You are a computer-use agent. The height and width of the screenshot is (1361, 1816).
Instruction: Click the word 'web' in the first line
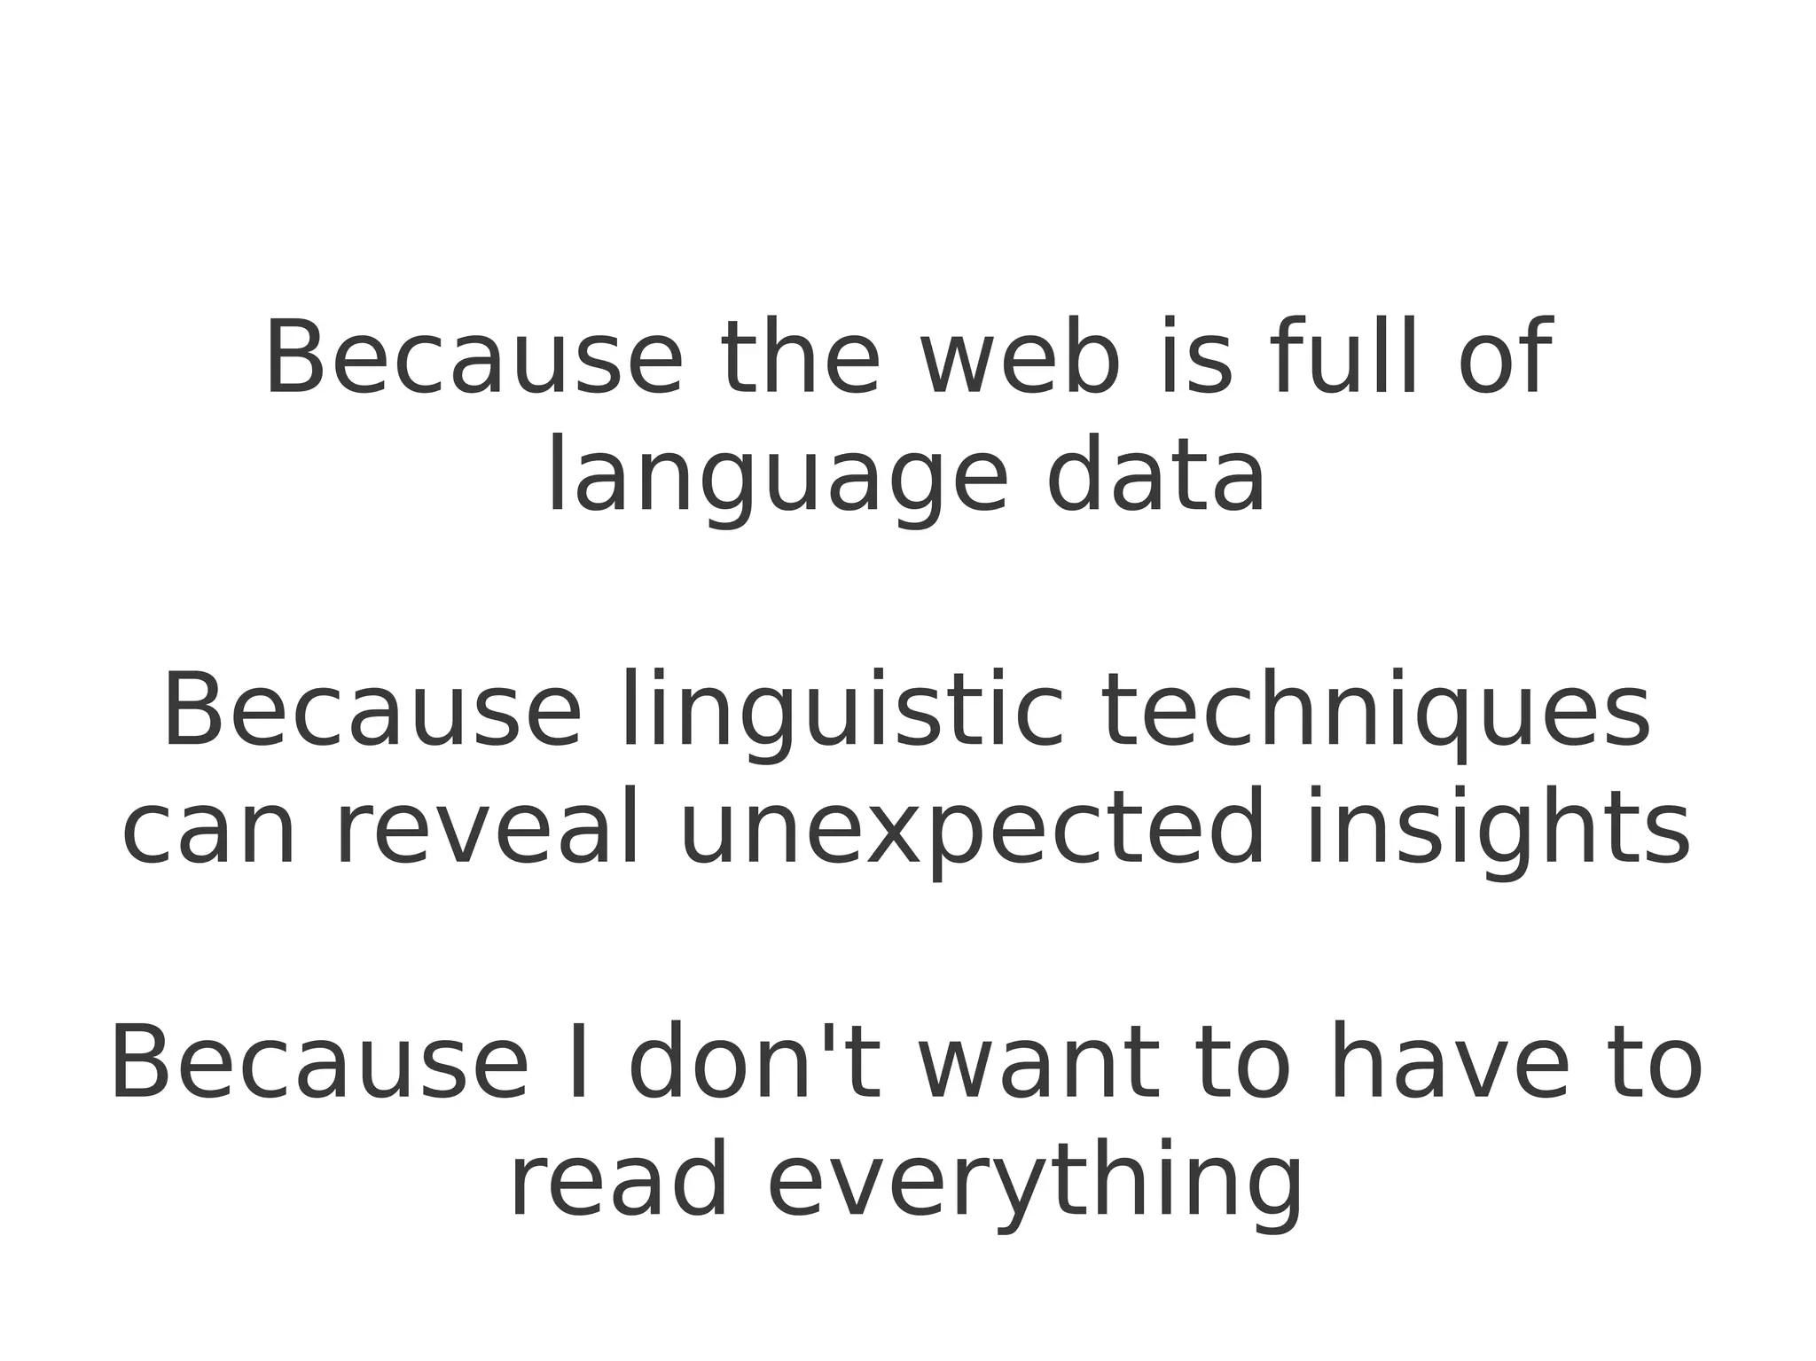point(1021,357)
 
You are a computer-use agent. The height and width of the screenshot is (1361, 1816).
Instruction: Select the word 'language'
point(777,479)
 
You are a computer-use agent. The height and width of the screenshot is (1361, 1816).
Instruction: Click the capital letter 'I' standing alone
point(579,1062)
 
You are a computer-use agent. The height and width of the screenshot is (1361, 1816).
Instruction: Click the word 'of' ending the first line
point(1505,357)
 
